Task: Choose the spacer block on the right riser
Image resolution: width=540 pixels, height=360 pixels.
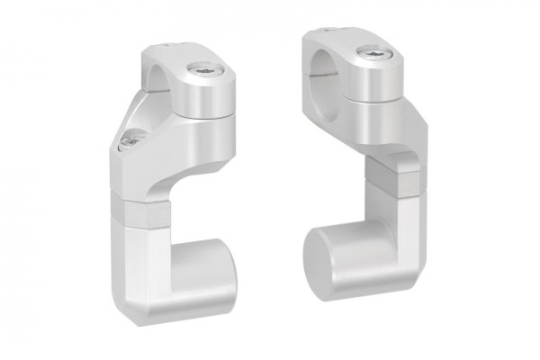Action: point(392,175)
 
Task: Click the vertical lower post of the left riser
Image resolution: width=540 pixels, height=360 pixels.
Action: point(135,270)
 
